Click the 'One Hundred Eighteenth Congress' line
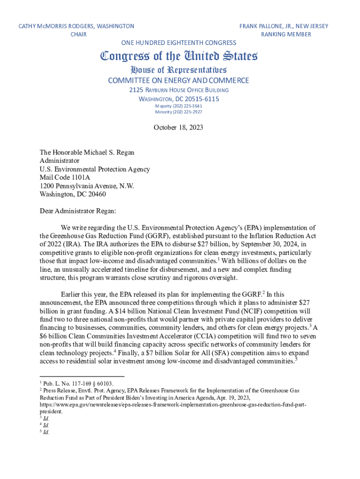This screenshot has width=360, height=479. tap(179, 43)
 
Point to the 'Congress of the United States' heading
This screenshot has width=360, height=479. tap(179, 57)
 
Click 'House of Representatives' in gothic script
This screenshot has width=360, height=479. tap(179, 70)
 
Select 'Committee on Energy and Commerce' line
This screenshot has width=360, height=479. tap(179, 80)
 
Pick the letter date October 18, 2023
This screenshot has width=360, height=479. tap(179, 127)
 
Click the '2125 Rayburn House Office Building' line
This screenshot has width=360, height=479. tap(179, 90)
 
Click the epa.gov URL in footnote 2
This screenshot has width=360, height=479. tap(173, 404)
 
